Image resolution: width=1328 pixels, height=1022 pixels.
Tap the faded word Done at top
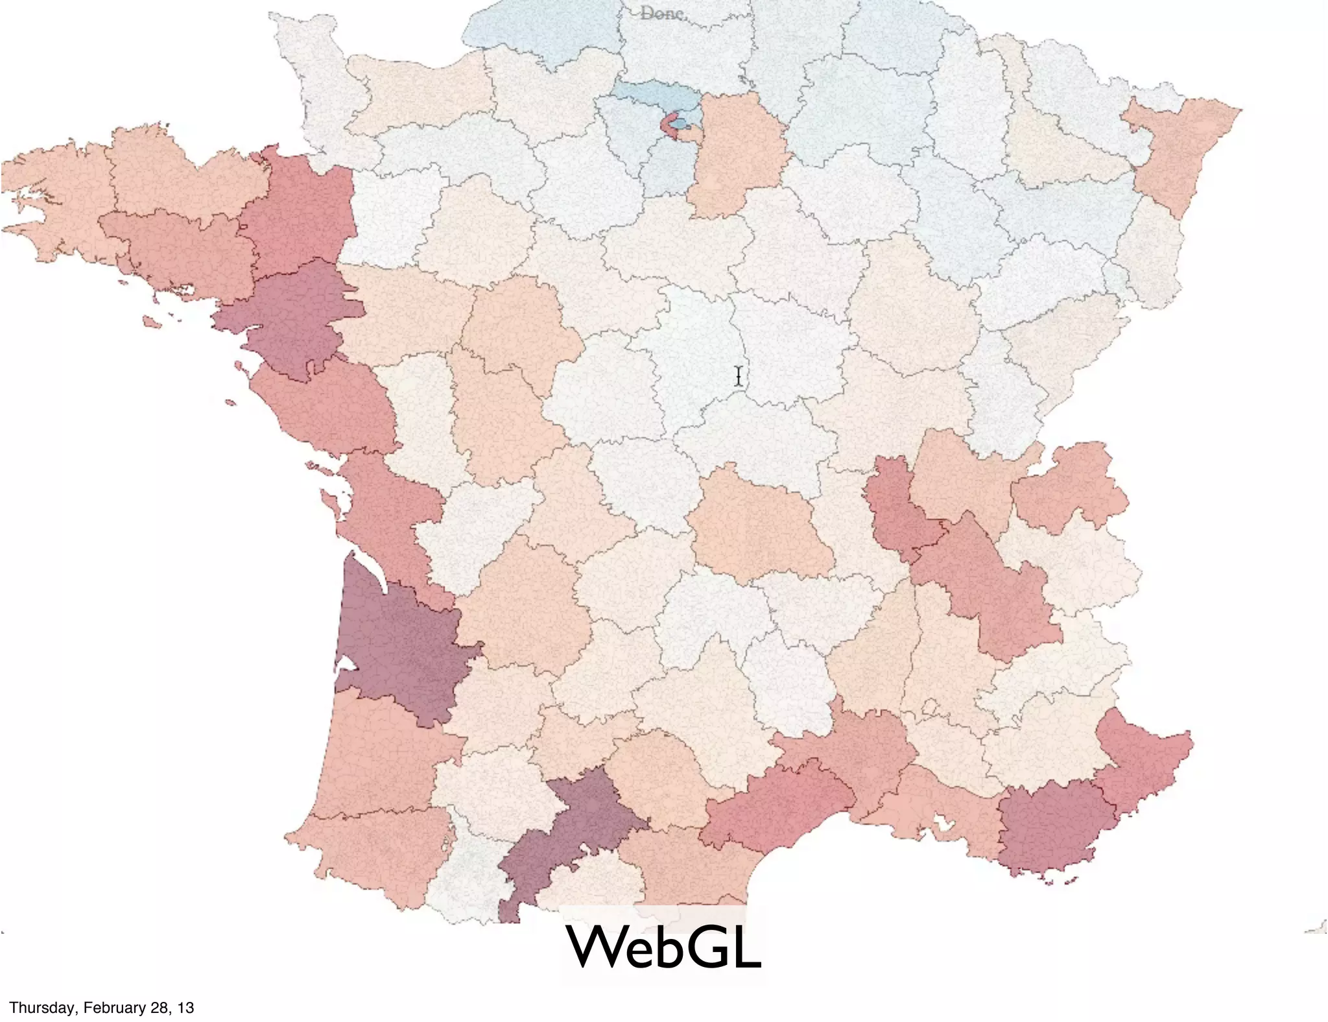coord(661,13)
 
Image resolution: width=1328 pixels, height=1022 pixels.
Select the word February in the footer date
coord(103,1007)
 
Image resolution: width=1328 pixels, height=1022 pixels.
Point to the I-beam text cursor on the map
coord(739,376)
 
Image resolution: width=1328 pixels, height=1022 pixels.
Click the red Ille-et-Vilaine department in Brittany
coord(298,214)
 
